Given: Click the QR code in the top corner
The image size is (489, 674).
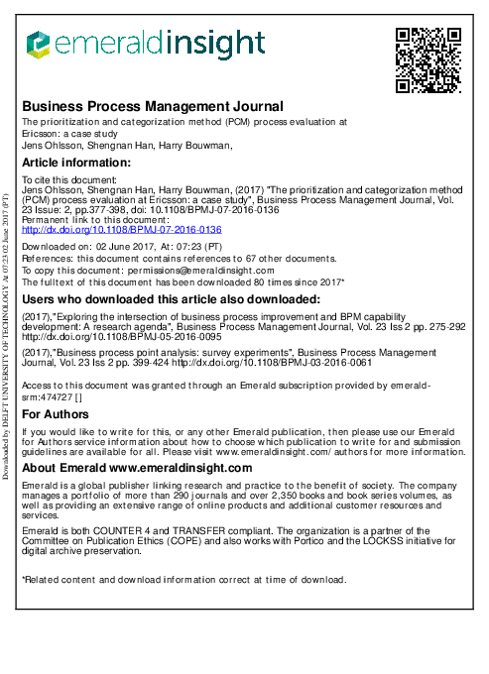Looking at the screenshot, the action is coord(428,59).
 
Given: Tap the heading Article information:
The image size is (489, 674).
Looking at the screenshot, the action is coord(76,163).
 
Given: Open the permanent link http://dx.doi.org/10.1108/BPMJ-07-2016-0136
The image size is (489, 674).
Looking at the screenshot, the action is coord(122,229).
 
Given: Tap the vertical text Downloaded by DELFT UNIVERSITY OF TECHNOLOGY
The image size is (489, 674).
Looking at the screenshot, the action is coord(7,337).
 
